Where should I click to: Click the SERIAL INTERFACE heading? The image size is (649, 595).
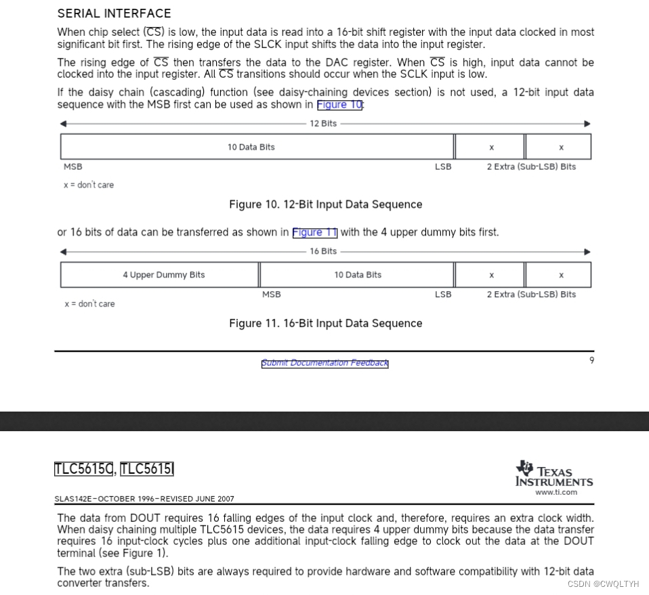[x=114, y=13]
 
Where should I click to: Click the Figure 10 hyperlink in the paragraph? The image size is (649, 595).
[x=340, y=105]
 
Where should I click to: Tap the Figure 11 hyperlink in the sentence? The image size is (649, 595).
[x=314, y=232]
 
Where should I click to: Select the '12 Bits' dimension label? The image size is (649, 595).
[x=323, y=124]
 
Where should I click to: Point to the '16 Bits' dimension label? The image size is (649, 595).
[x=323, y=251]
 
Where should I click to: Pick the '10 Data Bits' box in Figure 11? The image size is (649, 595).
[x=357, y=275]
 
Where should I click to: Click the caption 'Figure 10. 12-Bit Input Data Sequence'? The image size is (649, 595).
[x=325, y=204]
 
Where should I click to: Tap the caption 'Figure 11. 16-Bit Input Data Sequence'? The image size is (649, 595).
[x=325, y=324]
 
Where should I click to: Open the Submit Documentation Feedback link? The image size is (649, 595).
[x=325, y=363]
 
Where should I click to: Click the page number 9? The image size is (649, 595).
[x=591, y=360]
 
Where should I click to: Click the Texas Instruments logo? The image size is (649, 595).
[x=554, y=473]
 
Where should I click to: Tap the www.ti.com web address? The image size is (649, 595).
[x=556, y=493]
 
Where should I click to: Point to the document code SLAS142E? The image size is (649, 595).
[x=75, y=499]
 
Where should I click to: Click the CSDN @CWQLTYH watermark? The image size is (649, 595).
[x=603, y=583]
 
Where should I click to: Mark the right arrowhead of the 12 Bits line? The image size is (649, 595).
[x=587, y=124]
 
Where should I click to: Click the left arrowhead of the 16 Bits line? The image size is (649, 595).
[x=64, y=252]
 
